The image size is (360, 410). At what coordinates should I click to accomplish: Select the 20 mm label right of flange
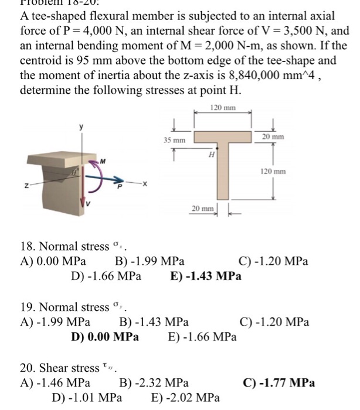point(274,136)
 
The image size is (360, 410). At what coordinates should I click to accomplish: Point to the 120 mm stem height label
point(274,172)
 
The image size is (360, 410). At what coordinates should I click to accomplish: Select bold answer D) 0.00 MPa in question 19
point(105,337)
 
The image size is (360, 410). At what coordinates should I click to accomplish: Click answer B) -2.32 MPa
point(154,384)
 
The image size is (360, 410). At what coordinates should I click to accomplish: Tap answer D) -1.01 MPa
point(87,398)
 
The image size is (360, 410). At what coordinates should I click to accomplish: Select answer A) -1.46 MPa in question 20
point(55,384)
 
